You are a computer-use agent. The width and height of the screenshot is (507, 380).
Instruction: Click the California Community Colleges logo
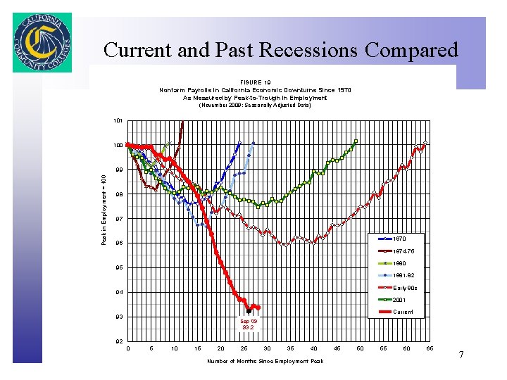tap(42, 42)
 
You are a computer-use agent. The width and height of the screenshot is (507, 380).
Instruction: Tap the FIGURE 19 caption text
tap(255, 82)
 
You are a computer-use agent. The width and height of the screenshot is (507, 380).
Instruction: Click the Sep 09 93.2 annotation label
tap(249, 324)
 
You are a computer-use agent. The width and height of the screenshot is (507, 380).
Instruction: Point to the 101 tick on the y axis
tap(118, 121)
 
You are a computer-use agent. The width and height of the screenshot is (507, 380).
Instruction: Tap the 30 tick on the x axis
tap(268, 349)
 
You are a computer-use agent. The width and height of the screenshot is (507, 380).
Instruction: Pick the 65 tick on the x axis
tap(430, 349)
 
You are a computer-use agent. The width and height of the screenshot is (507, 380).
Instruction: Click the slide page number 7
tap(461, 355)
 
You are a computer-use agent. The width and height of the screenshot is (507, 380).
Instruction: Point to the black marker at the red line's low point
tap(249, 310)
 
